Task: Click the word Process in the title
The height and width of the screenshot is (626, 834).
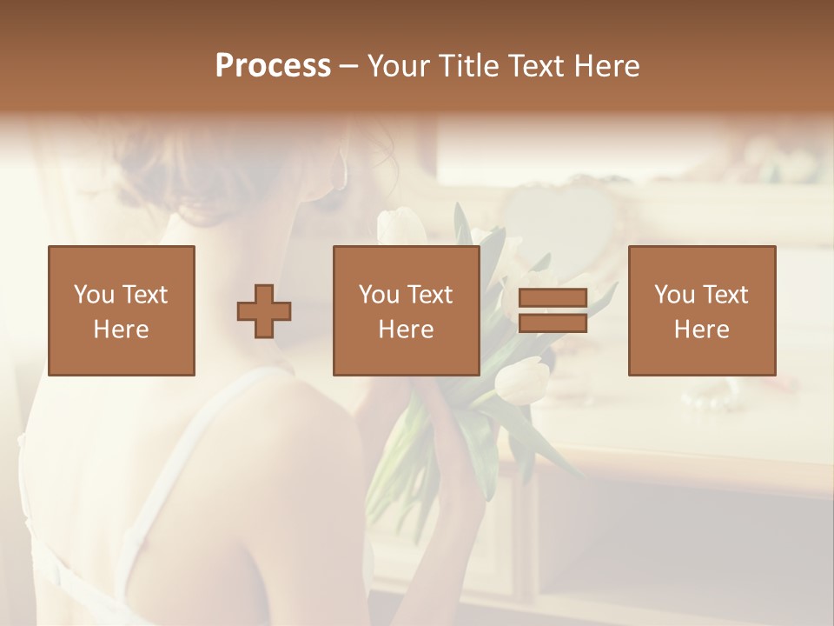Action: (273, 66)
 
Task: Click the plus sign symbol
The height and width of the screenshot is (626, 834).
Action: (264, 310)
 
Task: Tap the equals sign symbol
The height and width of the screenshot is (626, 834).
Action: (553, 310)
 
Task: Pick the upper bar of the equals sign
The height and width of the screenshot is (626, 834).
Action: (553, 298)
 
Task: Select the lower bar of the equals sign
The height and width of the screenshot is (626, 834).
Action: (553, 323)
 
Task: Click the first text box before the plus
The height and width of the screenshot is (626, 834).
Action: (122, 310)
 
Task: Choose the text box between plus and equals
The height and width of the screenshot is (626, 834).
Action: (406, 310)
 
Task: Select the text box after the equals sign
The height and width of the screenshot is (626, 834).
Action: (702, 310)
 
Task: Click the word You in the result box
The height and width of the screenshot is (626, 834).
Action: (673, 295)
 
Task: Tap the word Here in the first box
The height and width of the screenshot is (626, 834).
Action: (122, 330)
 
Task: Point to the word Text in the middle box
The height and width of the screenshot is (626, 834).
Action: (430, 295)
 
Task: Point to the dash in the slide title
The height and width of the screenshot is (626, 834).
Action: (349, 66)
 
